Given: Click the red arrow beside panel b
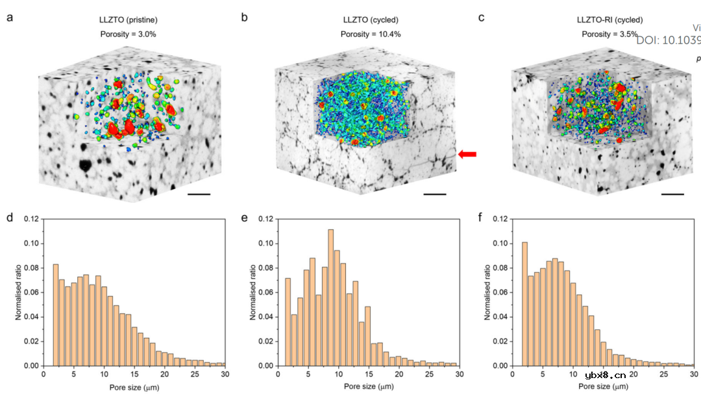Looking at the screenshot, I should tap(467, 154).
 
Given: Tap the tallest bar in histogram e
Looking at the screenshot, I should tap(330, 298).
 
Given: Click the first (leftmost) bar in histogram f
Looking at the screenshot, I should tap(524, 304).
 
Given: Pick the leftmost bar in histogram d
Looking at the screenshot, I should tap(56, 314).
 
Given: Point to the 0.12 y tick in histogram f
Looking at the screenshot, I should tap(499, 220).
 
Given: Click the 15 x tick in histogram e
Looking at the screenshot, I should tap(367, 375).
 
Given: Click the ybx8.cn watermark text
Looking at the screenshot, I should tap(605, 375).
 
